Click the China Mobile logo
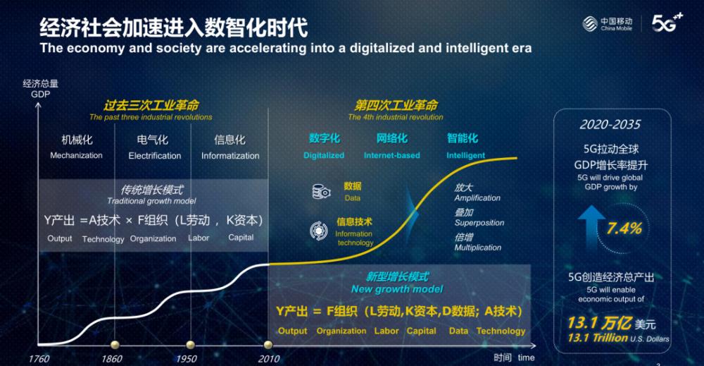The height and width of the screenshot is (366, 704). click(x=607, y=24)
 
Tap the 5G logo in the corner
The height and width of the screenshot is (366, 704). click(x=667, y=23)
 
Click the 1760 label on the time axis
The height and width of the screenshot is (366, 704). click(x=39, y=359)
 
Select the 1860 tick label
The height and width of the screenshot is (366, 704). click(x=111, y=359)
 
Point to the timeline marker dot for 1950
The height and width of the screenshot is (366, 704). click(x=190, y=345)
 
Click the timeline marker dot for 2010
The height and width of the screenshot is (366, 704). click(x=268, y=345)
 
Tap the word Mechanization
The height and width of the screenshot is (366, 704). click(x=76, y=156)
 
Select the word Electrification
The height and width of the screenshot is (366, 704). click(x=154, y=156)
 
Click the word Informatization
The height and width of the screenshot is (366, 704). click(x=230, y=156)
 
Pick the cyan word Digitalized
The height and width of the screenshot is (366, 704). click(x=324, y=156)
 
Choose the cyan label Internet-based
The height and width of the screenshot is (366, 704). click(x=392, y=156)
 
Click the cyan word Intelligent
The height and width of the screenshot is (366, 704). click(x=465, y=156)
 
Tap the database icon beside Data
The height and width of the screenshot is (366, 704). click(x=321, y=192)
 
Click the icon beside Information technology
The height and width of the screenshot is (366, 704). click(x=318, y=231)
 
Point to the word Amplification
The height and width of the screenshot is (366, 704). click(x=477, y=198)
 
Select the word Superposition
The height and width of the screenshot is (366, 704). click(x=479, y=223)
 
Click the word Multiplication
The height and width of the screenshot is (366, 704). click(x=478, y=248)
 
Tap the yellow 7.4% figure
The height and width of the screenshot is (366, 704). click(x=624, y=228)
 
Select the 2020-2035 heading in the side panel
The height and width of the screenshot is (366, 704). click(x=610, y=125)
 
